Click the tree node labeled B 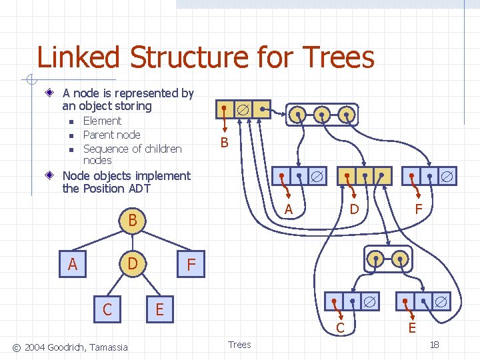pyautogui.click(x=133, y=219)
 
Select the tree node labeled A pyautogui.click(x=73, y=264)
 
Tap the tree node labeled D pyautogui.click(x=133, y=264)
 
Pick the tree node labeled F pyautogui.click(x=191, y=264)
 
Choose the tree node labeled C pyautogui.click(x=107, y=309)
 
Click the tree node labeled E pyautogui.click(x=159, y=309)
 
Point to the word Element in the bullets pyautogui.click(x=102, y=121)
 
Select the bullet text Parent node pyautogui.click(x=111, y=135)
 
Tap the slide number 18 pyautogui.click(x=434, y=345)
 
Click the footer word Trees pyautogui.click(x=239, y=345)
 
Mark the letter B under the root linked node pyautogui.click(x=224, y=143)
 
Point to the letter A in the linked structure pyautogui.click(x=289, y=209)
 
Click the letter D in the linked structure pyautogui.click(x=355, y=209)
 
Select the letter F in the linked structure pyautogui.click(x=419, y=209)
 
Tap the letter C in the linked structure pyautogui.click(x=340, y=328)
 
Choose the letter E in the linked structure pyautogui.click(x=412, y=328)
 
